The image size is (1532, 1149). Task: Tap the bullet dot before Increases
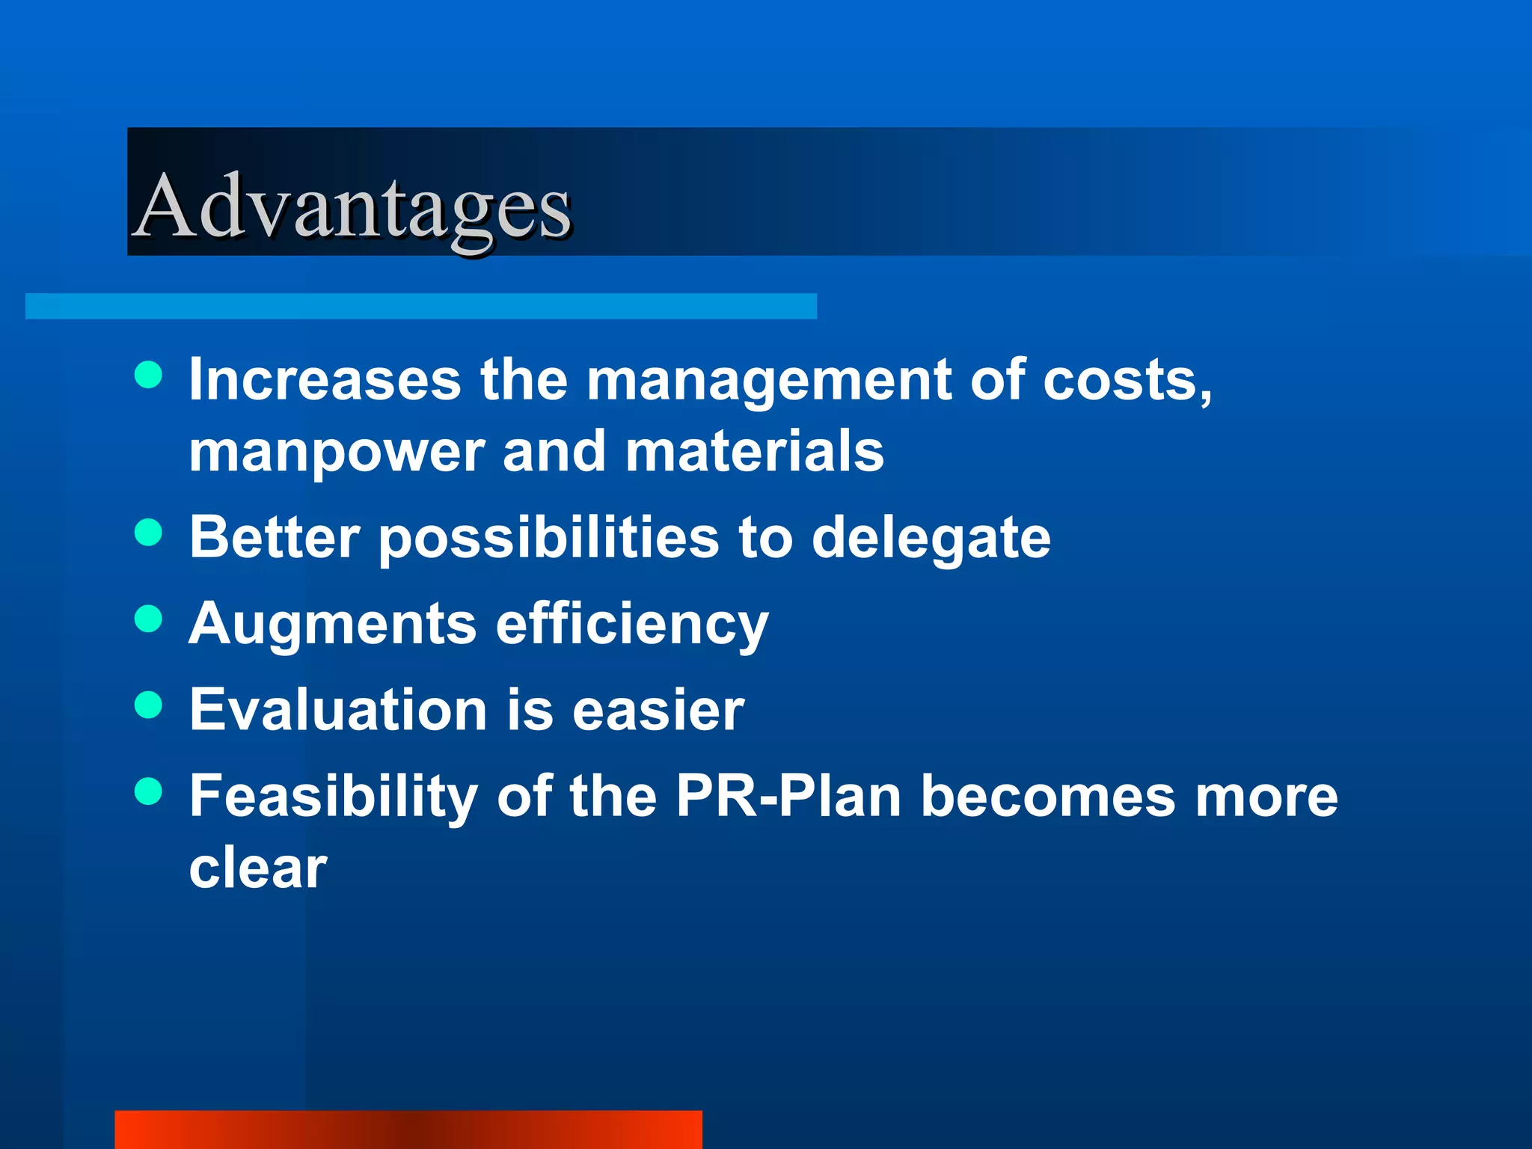click(x=149, y=375)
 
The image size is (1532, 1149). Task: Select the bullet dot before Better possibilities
click(x=149, y=533)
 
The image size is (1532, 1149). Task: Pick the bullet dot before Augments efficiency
click(x=149, y=619)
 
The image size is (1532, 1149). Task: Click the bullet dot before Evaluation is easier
click(x=149, y=705)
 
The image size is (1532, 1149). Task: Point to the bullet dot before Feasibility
click(x=149, y=791)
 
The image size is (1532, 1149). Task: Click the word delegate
click(x=931, y=539)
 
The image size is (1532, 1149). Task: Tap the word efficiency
click(x=632, y=625)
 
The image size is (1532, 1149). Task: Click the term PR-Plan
click(x=788, y=796)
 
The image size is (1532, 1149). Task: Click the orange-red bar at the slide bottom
click(x=408, y=1130)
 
